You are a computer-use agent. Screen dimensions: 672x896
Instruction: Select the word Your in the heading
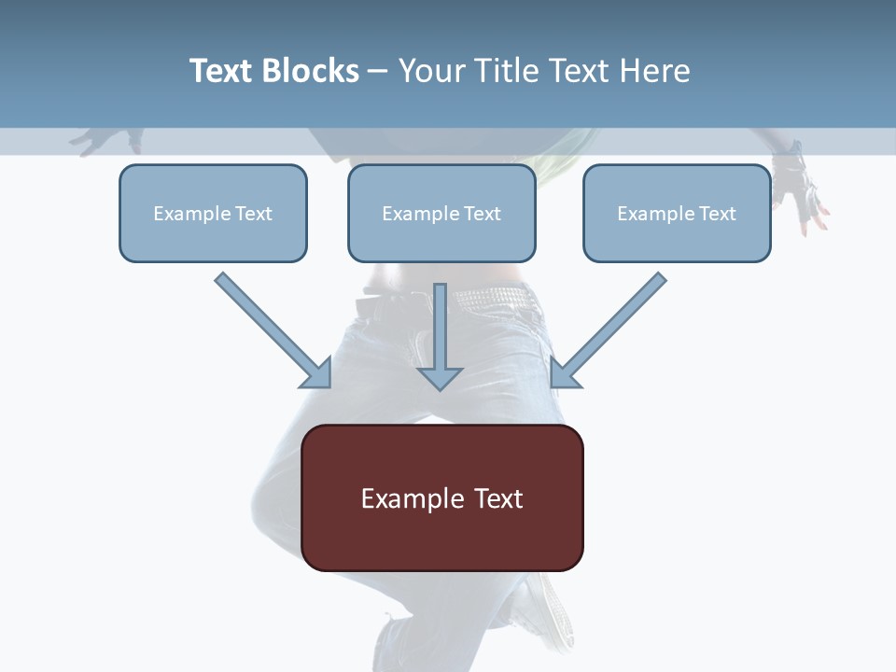[x=432, y=71]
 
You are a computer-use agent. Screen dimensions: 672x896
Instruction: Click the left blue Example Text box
[x=213, y=214]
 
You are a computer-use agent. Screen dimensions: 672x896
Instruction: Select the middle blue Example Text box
[x=441, y=214]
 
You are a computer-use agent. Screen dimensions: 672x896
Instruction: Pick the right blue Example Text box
[x=677, y=214]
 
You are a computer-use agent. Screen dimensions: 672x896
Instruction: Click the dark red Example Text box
[x=442, y=498]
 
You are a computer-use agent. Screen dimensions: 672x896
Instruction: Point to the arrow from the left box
[x=271, y=329]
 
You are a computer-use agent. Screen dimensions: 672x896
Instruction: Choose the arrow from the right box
[x=611, y=328]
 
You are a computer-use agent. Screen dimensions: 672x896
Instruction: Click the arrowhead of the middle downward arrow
[x=440, y=377]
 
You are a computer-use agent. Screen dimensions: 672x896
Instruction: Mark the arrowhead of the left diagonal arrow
[x=318, y=373]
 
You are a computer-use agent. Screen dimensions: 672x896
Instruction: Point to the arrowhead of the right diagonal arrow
[x=564, y=373]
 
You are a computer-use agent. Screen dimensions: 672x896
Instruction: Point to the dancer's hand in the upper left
[x=105, y=141]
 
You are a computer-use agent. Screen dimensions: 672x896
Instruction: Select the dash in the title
[x=379, y=71]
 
